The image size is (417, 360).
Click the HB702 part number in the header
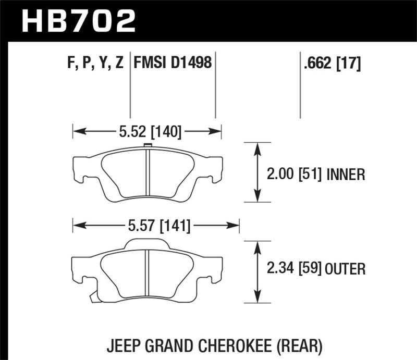[x=78, y=20]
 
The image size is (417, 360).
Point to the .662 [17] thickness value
[x=330, y=64]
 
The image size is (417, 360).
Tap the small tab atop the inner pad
[x=148, y=145]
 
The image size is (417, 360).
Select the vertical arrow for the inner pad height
[x=256, y=172]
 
